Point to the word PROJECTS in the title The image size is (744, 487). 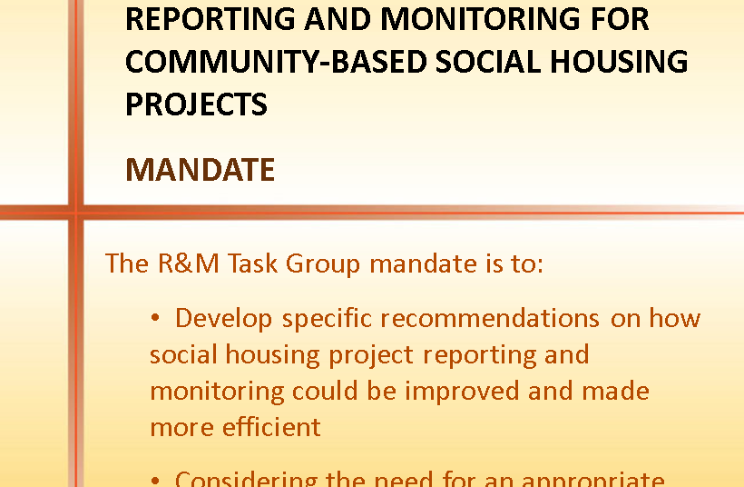(x=196, y=104)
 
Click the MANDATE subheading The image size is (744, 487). (x=200, y=170)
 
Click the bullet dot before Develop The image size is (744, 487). (x=156, y=319)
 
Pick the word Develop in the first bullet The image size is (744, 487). (x=223, y=318)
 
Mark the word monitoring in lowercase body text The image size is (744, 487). (x=217, y=392)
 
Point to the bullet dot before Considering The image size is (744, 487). (x=156, y=480)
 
